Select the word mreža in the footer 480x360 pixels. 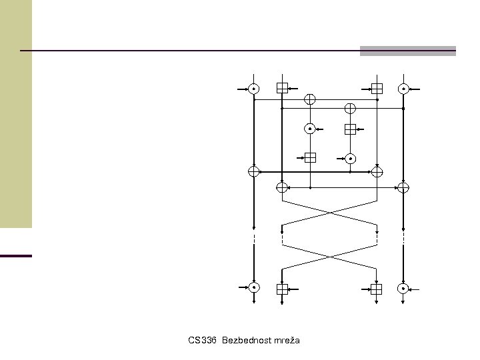285,341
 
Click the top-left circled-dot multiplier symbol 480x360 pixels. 254,88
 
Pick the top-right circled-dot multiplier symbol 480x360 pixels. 403,88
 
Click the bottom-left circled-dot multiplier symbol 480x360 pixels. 254,288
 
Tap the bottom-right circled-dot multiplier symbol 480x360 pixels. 403,288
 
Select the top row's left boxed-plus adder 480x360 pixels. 282,88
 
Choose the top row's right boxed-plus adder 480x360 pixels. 377,88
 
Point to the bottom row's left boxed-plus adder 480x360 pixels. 282,289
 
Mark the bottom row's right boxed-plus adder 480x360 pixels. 377,289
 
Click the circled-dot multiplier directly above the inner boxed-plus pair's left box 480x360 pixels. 310,129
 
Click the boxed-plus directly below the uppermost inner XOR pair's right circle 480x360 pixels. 350,129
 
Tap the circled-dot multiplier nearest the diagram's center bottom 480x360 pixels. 350,158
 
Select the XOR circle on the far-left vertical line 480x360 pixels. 254,171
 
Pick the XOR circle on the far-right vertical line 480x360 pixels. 403,187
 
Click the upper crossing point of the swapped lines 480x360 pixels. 329,212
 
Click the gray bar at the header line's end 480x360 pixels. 408,51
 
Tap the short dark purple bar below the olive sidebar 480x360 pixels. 16,255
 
